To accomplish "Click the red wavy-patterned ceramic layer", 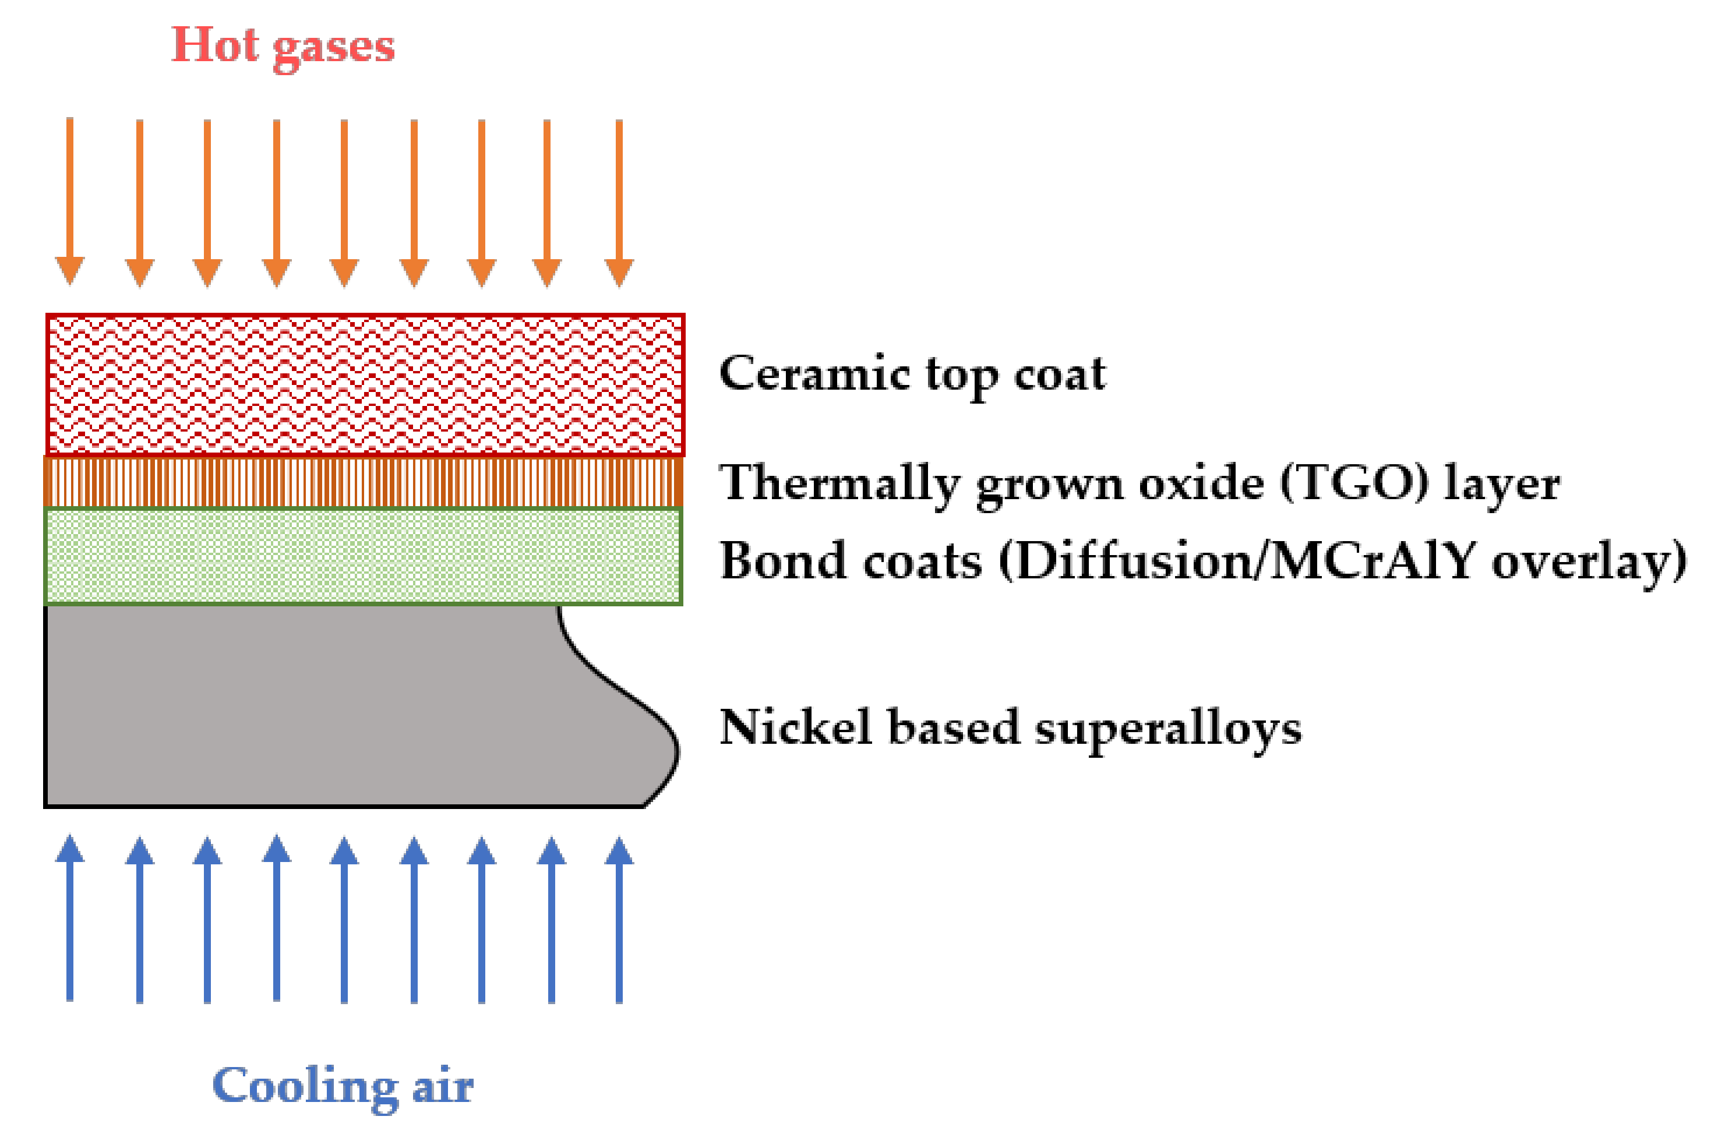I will tap(364, 384).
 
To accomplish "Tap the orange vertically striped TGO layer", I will tap(364, 482).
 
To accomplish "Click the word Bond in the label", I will tap(776, 561).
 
